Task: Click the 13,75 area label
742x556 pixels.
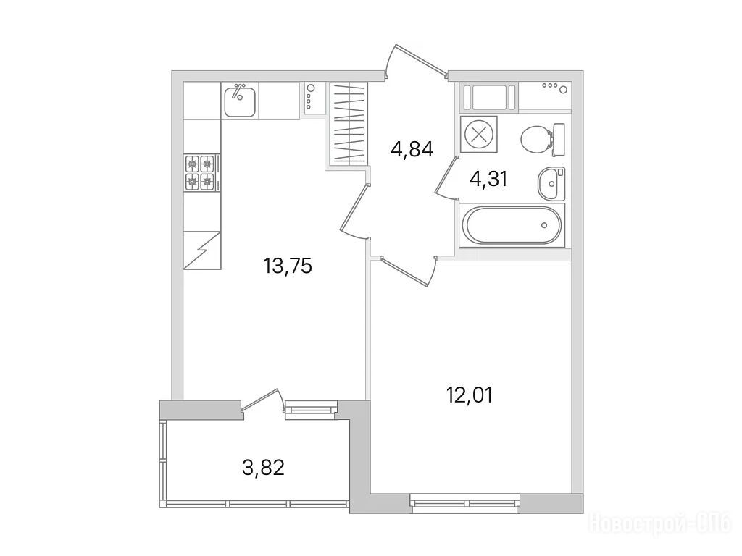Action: tap(288, 266)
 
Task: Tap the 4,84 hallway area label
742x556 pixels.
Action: tap(412, 150)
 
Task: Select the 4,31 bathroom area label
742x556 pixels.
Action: tap(488, 180)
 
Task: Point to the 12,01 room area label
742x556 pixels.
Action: tap(470, 395)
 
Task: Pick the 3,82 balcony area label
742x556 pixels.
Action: tap(263, 468)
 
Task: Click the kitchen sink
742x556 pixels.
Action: tap(240, 100)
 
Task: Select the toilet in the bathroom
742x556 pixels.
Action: tap(542, 140)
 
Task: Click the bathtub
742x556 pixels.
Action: tap(511, 225)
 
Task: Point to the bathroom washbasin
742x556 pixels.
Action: tap(551, 183)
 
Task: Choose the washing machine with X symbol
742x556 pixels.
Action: tap(479, 134)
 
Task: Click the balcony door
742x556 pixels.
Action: tap(262, 401)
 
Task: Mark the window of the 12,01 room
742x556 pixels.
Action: tap(465, 503)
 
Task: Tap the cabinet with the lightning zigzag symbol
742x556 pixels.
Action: tap(202, 250)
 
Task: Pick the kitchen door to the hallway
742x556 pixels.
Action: tap(355, 211)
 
